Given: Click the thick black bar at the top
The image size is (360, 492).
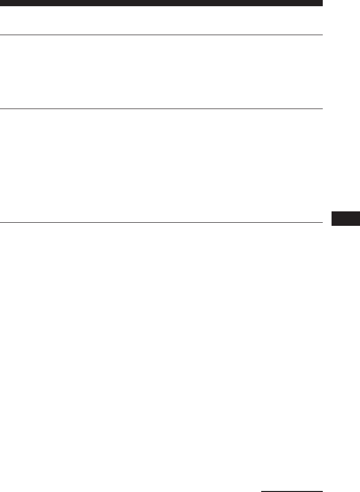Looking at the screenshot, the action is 161,3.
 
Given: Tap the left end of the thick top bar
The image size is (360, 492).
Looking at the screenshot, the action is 1,3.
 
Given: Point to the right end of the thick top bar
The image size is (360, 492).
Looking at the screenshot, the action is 321,3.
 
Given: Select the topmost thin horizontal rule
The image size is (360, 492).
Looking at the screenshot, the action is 161,35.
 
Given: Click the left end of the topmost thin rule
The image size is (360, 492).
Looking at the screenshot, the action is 1,35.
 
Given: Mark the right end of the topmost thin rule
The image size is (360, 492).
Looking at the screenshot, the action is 321,35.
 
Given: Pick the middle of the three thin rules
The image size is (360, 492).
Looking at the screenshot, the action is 161,109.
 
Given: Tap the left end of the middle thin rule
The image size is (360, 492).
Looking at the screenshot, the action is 1,109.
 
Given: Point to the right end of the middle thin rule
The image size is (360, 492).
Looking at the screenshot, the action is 321,109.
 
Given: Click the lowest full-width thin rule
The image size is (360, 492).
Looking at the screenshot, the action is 161,223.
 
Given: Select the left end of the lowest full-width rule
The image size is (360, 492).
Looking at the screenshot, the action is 1,223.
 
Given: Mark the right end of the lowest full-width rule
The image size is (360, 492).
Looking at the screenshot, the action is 321,223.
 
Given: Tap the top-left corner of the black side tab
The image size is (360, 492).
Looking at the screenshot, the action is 331,211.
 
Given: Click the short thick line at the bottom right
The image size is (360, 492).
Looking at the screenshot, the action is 292,490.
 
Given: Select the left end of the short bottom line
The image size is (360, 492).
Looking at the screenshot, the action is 262,490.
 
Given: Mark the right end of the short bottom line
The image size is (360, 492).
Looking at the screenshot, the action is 322,490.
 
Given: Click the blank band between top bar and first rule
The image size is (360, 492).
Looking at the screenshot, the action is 161,20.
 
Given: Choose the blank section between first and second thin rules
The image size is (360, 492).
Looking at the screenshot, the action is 161,72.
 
